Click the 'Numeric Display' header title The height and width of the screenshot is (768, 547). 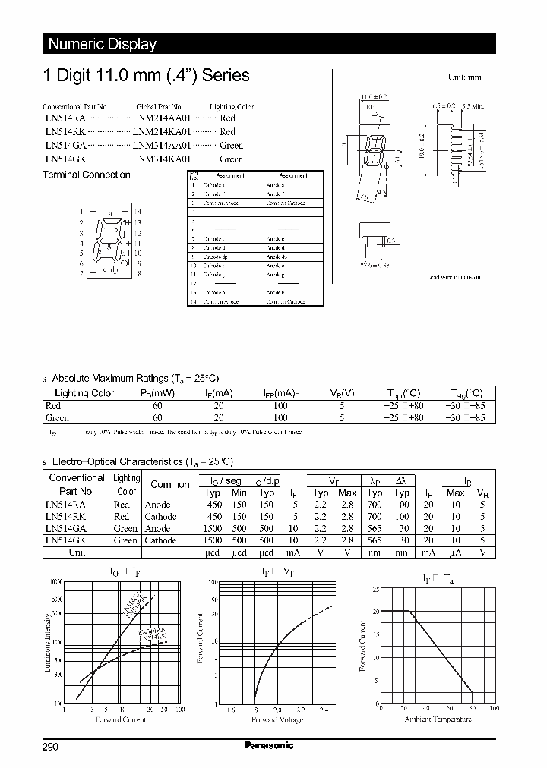click(103, 44)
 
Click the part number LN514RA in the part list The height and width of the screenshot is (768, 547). click(65, 118)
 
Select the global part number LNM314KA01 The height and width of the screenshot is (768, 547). click(162, 159)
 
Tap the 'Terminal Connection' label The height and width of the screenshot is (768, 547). click(86, 175)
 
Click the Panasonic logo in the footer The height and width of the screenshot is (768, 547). click(268, 745)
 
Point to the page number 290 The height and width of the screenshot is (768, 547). click(49, 747)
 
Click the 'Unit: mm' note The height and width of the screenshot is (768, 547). click(463, 77)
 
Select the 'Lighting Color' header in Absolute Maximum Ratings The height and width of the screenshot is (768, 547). click(84, 393)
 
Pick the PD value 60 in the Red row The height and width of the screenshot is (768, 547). click(157, 406)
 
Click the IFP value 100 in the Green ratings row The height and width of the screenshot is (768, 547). click(280, 418)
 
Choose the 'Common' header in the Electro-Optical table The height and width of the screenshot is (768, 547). click(170, 484)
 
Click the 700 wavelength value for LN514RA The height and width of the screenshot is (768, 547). click(375, 505)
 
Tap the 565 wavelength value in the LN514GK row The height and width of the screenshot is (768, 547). click(375, 540)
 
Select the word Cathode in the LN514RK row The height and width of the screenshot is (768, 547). click(160, 517)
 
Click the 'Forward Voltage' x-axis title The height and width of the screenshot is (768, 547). click(277, 719)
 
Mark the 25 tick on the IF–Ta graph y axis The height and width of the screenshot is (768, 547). click(375, 589)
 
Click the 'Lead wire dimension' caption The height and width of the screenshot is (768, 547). click(453, 277)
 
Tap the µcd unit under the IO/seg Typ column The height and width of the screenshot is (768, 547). click(212, 552)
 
